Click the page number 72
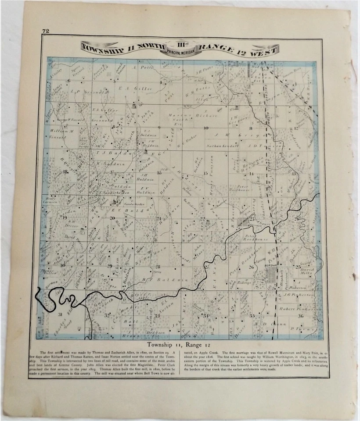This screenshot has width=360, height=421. (x=45, y=31)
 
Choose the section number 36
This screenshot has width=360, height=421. (x=300, y=316)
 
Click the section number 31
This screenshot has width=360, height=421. (x=60, y=314)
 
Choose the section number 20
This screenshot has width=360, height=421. (x=112, y=218)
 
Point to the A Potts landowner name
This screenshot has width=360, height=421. (x=146, y=68)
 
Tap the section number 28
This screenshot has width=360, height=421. (x=158, y=266)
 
